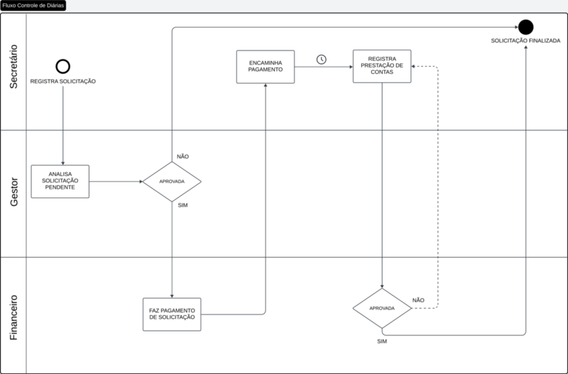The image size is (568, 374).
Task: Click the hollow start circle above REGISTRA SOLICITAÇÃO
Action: (x=63, y=60)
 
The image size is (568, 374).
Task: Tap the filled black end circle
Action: (x=525, y=27)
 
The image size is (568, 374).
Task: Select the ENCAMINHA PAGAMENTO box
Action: (x=266, y=67)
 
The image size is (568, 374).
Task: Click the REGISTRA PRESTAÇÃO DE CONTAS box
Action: (x=382, y=66)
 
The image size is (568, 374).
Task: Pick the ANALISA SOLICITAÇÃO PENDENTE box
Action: (x=60, y=182)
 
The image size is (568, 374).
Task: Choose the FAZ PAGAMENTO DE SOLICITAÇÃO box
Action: (x=172, y=314)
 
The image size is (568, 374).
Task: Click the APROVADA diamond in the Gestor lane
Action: (x=172, y=182)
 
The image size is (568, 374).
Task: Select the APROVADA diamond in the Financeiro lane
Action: (x=382, y=308)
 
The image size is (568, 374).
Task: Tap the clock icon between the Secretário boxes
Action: (x=322, y=60)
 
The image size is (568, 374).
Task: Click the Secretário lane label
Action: (x=13, y=67)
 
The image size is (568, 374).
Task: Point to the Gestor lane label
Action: (x=13, y=192)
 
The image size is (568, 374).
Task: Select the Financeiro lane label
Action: (x=13, y=317)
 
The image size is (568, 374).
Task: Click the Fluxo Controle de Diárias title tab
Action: (x=33, y=6)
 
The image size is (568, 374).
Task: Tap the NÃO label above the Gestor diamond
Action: (x=183, y=156)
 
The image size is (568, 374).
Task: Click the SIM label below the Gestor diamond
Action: (x=183, y=205)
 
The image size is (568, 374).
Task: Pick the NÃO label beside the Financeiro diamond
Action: (x=418, y=300)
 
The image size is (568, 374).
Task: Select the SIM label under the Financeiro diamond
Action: (x=382, y=341)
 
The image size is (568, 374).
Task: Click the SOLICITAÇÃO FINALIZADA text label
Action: (x=525, y=41)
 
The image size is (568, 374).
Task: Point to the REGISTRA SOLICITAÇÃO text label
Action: (x=63, y=82)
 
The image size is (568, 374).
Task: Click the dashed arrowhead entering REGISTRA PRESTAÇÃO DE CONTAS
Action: (x=413, y=66)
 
